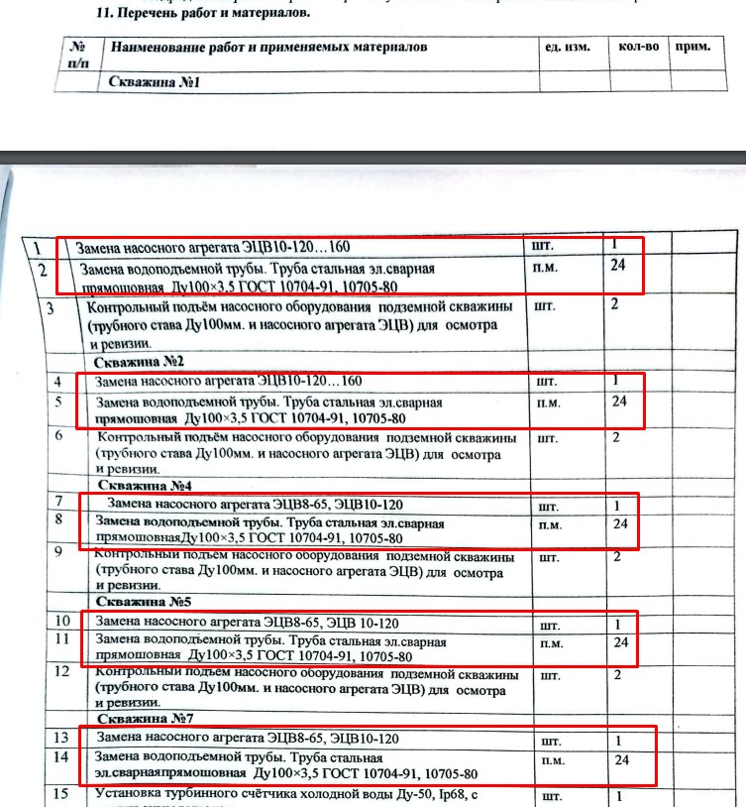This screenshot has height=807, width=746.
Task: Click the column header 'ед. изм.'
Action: pyautogui.click(x=568, y=48)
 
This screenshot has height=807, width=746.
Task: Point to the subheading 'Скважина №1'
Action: pyautogui.click(x=154, y=82)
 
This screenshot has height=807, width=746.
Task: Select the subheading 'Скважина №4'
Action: pyautogui.click(x=144, y=486)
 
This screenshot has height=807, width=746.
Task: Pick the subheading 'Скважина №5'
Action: pyautogui.click(x=144, y=602)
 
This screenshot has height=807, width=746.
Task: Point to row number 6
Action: pyautogui.click(x=59, y=435)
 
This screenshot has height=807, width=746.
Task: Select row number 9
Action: pyautogui.click(x=59, y=552)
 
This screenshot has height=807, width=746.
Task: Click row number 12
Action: pyautogui.click(x=61, y=670)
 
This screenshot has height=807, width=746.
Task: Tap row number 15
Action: pyautogui.click(x=61, y=793)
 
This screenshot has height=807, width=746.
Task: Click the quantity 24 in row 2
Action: pyautogui.click(x=620, y=265)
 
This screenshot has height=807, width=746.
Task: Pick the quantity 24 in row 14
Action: pyautogui.click(x=622, y=760)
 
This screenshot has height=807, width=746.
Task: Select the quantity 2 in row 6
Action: pyautogui.click(x=616, y=437)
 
